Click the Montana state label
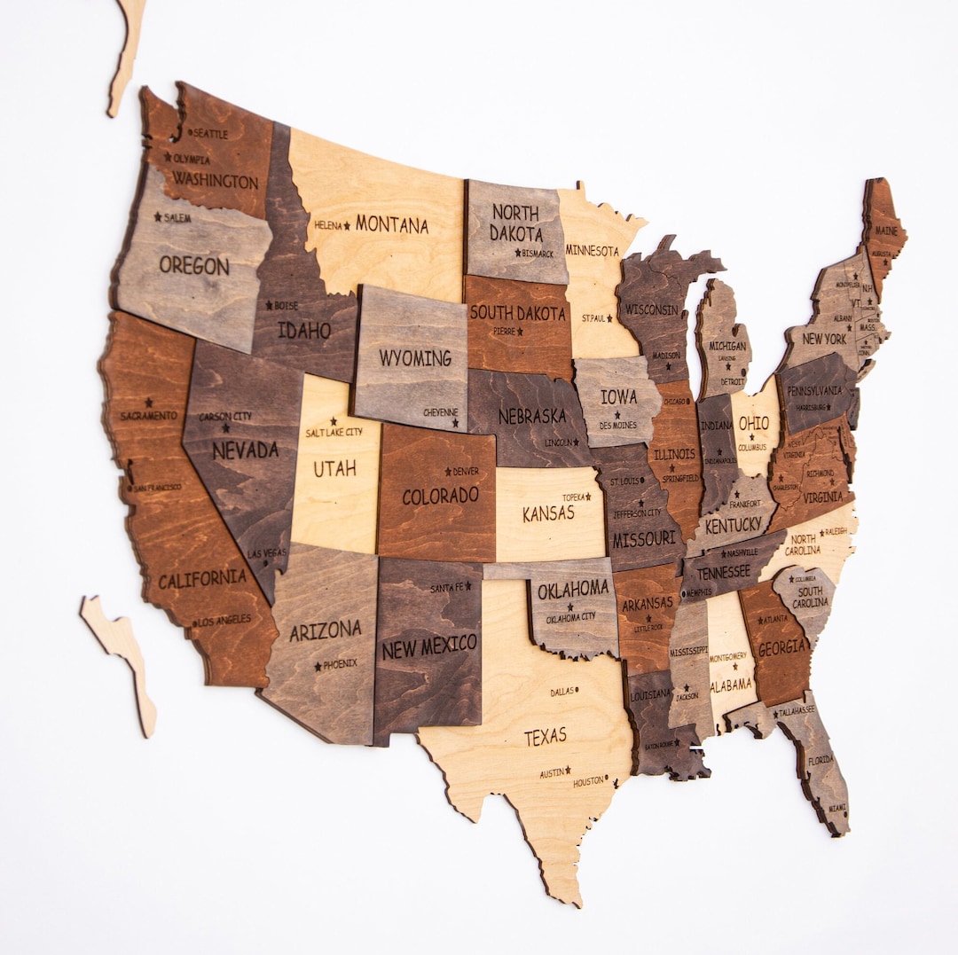(x=391, y=225)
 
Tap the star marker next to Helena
(x=347, y=225)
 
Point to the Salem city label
(x=177, y=217)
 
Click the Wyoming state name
(x=415, y=358)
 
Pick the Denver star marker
(x=448, y=471)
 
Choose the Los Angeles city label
(x=224, y=620)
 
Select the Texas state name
(x=545, y=736)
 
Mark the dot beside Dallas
(x=577, y=690)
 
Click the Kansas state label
(x=548, y=513)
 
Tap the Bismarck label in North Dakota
(x=538, y=254)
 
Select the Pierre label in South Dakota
(x=504, y=331)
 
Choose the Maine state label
(x=886, y=231)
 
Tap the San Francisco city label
(x=158, y=487)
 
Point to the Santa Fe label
(x=447, y=588)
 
